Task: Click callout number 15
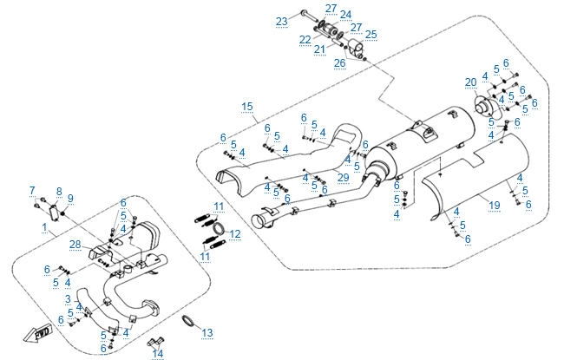[x=247, y=107]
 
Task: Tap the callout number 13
[x=207, y=333]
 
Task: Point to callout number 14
[x=157, y=353]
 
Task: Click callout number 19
[x=495, y=206]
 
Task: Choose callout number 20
[x=469, y=82]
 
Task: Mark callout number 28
[x=75, y=245]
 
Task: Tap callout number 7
[x=32, y=190]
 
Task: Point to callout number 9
[x=71, y=198]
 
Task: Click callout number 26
[x=339, y=62]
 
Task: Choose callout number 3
[x=68, y=298]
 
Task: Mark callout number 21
[x=319, y=49]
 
